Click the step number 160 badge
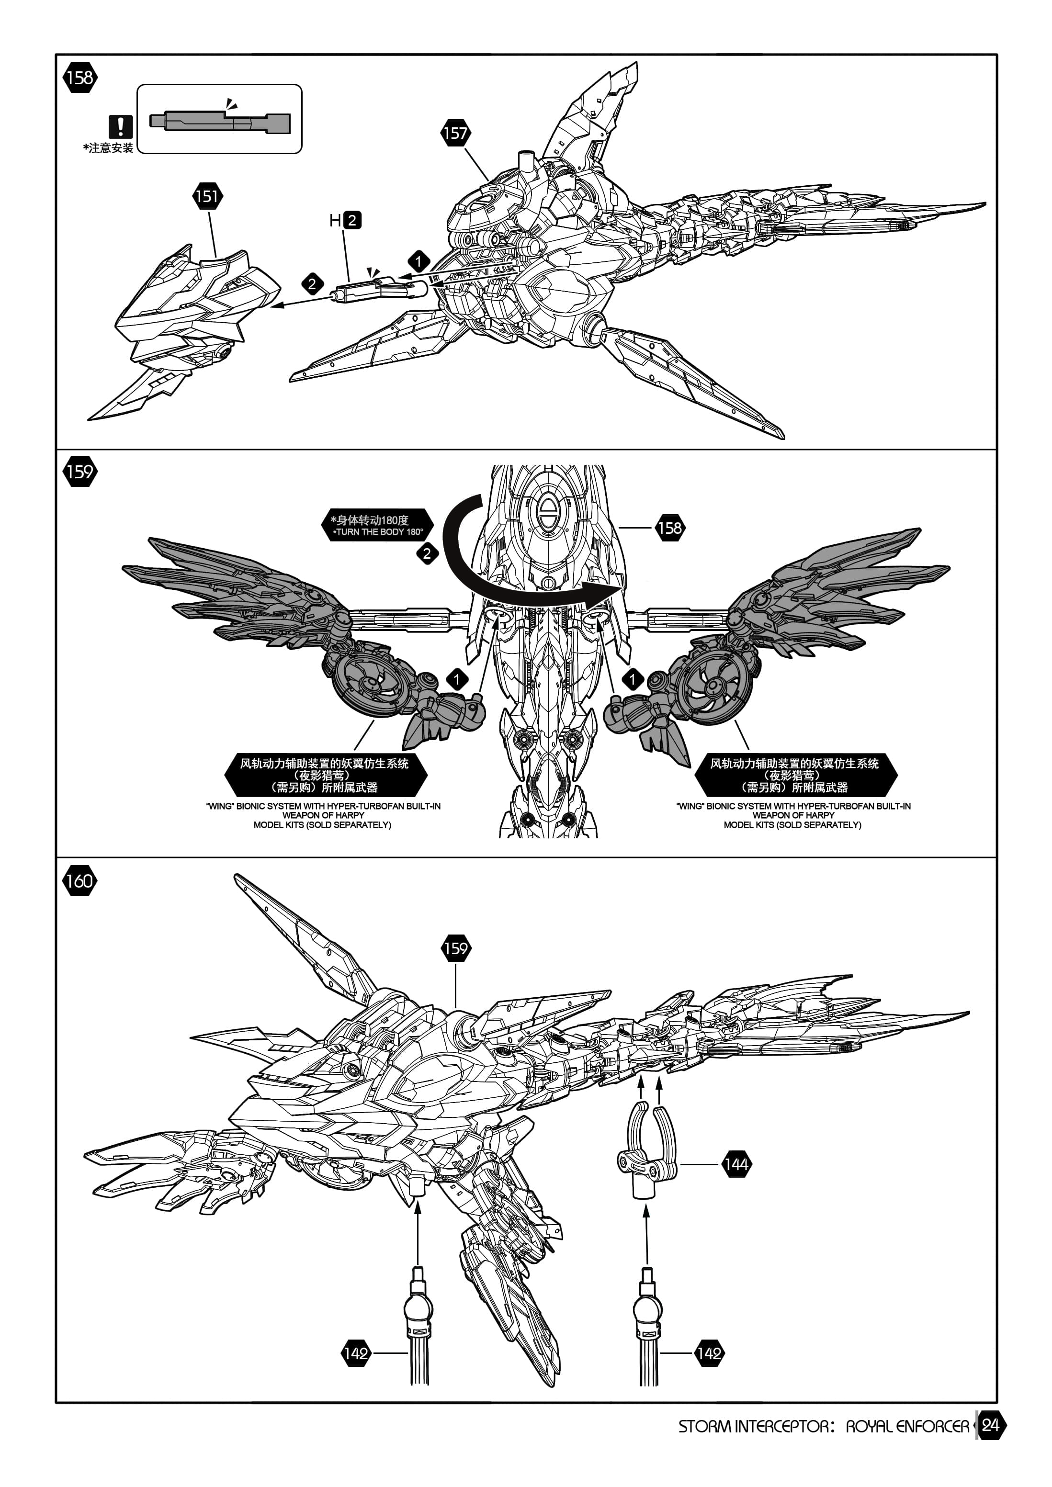point(79,881)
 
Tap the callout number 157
point(455,134)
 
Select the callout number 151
point(207,196)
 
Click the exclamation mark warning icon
point(121,126)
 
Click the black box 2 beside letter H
point(352,220)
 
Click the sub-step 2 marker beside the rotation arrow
point(427,554)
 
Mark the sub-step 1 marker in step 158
point(419,262)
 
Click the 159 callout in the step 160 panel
point(455,949)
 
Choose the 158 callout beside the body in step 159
point(670,528)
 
